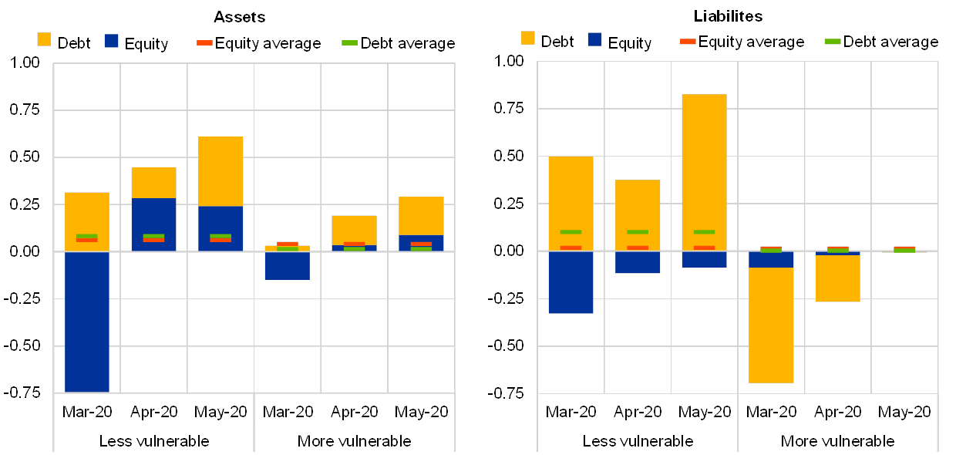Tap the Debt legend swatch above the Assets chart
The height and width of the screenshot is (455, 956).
coord(44,39)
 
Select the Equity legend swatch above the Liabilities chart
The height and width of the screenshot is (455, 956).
coord(594,39)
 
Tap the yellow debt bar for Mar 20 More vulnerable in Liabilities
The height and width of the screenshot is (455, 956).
coord(771,325)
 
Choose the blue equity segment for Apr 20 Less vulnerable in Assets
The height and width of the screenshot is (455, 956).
coord(153,224)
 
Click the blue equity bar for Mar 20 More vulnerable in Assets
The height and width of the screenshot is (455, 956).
coord(287,266)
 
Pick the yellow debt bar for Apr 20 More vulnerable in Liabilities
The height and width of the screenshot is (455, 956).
coord(838,278)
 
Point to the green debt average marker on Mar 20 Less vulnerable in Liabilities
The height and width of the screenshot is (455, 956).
coord(571,231)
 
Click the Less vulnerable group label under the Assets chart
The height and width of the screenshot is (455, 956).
coord(158,442)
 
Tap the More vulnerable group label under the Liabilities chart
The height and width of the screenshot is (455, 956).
coord(838,442)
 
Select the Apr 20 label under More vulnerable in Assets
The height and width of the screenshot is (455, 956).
coord(354,412)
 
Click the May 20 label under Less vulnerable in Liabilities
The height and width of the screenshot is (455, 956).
coord(704,412)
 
